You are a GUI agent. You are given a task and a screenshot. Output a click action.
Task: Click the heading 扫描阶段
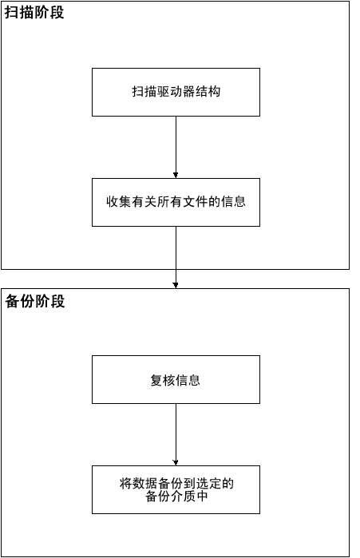[34, 14]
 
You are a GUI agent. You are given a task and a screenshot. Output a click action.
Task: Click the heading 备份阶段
[34, 302]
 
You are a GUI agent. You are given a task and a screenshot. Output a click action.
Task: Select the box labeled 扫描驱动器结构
[176, 92]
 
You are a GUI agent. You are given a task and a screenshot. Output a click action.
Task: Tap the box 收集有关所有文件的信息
[176, 202]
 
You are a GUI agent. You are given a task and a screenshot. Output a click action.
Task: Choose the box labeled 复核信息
[176, 380]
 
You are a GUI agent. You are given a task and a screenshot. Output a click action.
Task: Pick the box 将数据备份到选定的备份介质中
[176, 489]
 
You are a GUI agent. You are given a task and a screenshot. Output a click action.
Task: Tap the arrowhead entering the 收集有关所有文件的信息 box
[176, 174]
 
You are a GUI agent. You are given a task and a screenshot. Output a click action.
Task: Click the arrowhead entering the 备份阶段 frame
[176, 284]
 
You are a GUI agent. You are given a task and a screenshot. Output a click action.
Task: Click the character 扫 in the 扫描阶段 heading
[12, 14]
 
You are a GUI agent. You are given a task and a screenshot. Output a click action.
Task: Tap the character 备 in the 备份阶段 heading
[12, 302]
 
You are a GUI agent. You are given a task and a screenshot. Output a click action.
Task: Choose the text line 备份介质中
[176, 497]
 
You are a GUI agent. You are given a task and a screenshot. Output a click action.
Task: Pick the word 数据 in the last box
[145, 483]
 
